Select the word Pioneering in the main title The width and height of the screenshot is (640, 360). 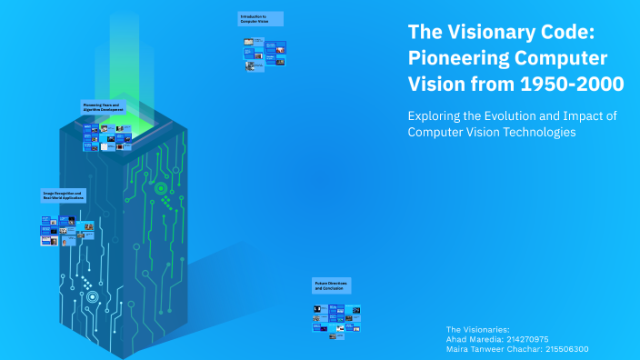(x=456, y=58)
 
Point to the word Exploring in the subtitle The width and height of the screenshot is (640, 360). (x=435, y=115)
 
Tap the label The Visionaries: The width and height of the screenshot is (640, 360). (x=478, y=328)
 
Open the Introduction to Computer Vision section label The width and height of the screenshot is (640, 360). (x=260, y=18)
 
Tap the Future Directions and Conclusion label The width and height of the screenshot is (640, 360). (x=332, y=285)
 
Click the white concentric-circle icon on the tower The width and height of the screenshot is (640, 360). (x=92, y=296)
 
